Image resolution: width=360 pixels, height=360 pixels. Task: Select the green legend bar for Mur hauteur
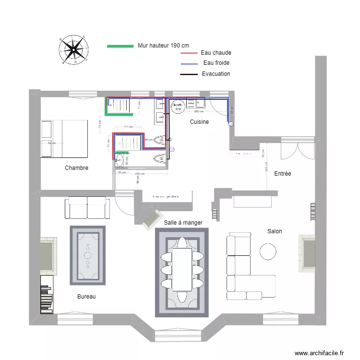120,46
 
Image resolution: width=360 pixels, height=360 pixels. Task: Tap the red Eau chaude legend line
189,53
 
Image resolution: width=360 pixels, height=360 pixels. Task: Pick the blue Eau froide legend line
189,64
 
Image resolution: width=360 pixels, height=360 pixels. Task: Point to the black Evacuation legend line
189,74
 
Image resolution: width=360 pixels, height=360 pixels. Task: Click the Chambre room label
76,168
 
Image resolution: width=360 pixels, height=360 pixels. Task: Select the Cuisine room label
199,122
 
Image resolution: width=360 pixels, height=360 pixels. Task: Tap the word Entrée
282,174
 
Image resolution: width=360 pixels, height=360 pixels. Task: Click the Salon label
275,231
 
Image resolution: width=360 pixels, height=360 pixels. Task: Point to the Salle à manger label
183,223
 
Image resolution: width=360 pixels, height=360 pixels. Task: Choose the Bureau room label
86,297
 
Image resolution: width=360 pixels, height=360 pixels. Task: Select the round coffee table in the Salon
268,251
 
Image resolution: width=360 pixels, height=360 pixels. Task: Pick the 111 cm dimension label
128,127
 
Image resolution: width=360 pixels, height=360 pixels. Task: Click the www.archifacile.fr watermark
319,353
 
